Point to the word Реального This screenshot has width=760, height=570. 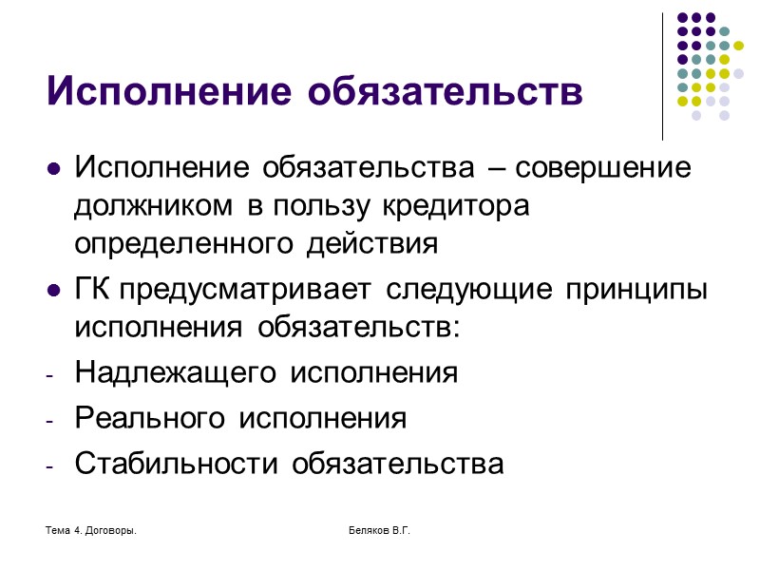[150, 418]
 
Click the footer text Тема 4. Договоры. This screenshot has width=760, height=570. [90, 527]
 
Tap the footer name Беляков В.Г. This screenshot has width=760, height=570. [379, 527]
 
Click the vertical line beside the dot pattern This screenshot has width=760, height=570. [662, 76]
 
